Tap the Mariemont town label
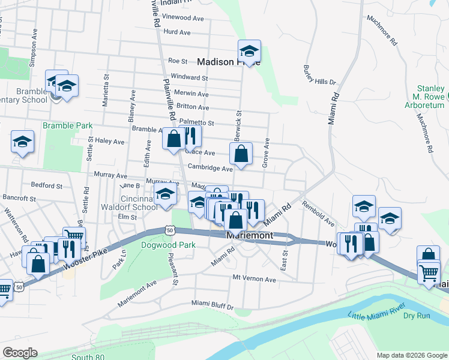tap(250, 236)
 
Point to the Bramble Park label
tap(67, 125)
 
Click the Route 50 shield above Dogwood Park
tap(170, 230)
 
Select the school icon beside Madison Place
tap(249, 51)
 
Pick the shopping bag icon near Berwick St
tap(241, 154)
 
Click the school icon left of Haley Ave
tap(23, 142)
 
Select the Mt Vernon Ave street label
tap(255, 280)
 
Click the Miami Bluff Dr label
tap(212, 306)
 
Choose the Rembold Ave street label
tap(318, 214)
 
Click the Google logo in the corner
tap(20, 353)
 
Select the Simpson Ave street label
tap(34, 54)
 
